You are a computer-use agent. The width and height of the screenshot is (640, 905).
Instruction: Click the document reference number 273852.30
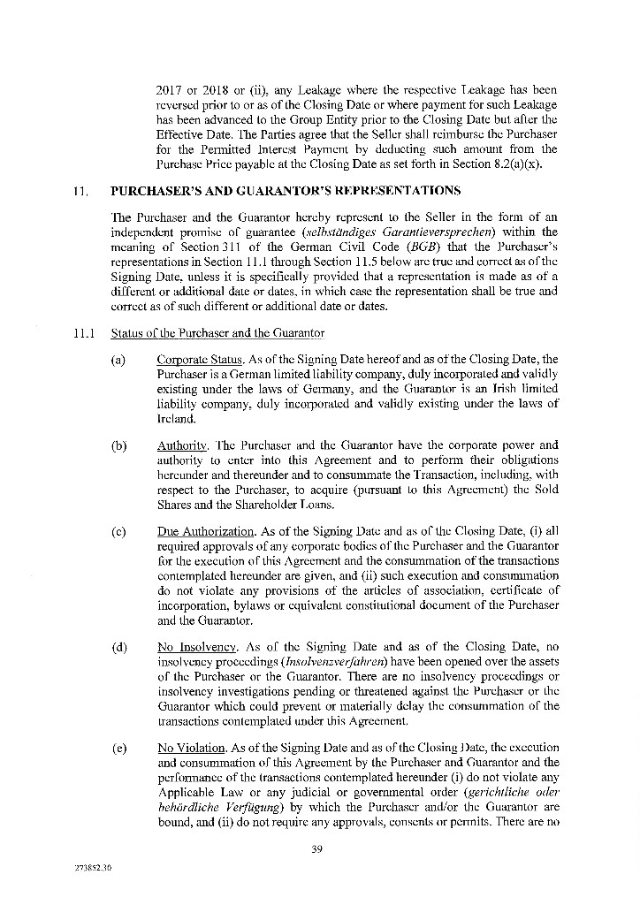[94, 870]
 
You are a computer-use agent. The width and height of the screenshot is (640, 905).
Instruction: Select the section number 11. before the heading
[82, 191]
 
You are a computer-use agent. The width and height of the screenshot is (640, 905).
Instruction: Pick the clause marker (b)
[118, 445]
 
